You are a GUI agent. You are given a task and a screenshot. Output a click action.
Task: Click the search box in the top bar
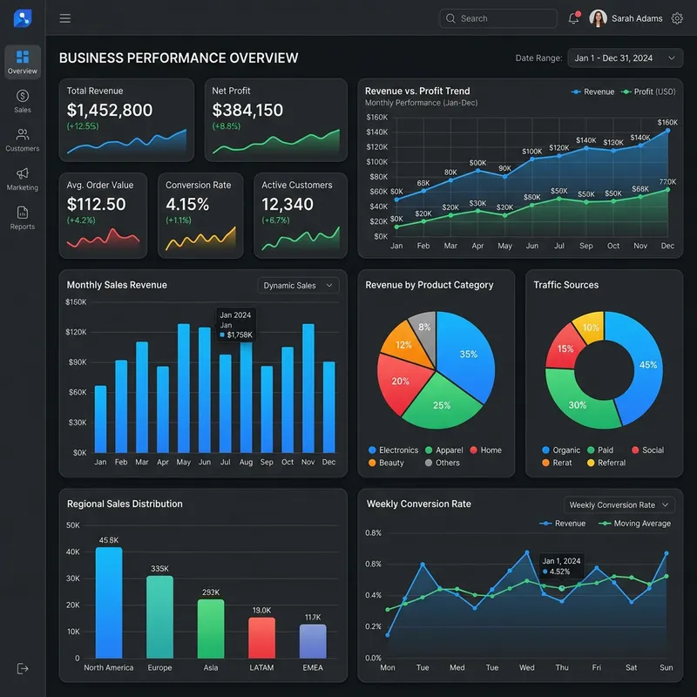[497, 18]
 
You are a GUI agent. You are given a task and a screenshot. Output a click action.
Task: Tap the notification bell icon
[573, 18]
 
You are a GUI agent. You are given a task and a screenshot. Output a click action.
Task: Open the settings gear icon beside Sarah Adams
[677, 18]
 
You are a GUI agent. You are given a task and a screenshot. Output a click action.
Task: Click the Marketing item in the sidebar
[23, 179]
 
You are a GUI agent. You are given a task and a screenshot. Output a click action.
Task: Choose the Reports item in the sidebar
[23, 218]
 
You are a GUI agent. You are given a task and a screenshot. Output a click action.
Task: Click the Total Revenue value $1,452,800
[110, 111]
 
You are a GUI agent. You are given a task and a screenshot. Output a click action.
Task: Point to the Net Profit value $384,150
[247, 111]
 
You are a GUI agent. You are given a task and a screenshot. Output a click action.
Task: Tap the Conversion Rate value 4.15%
[187, 205]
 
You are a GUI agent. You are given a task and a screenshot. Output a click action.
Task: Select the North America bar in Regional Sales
[109, 602]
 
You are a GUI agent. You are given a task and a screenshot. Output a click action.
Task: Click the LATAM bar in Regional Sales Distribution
[261, 638]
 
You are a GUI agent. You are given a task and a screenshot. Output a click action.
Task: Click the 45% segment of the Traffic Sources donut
[640, 366]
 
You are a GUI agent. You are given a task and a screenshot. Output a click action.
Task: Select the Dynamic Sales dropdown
[298, 286]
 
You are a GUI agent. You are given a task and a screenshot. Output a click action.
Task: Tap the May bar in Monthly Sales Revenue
[184, 389]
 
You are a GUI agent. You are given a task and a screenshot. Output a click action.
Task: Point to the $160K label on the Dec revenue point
[667, 123]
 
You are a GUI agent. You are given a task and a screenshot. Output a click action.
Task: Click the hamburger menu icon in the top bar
[65, 18]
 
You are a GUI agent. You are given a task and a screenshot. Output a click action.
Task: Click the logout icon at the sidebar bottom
[23, 668]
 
